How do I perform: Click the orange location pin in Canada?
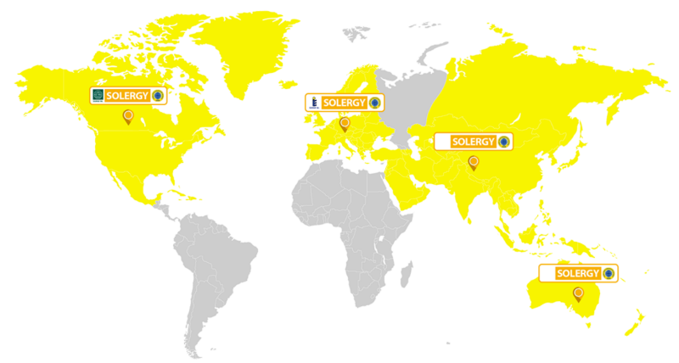click(x=128, y=116)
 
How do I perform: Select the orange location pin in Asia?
click(x=474, y=161)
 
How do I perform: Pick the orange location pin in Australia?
click(x=578, y=293)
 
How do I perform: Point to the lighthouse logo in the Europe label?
click(x=314, y=103)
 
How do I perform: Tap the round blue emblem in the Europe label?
click(x=373, y=103)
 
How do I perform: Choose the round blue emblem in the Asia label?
click(x=502, y=141)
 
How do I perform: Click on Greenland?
click(x=246, y=51)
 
